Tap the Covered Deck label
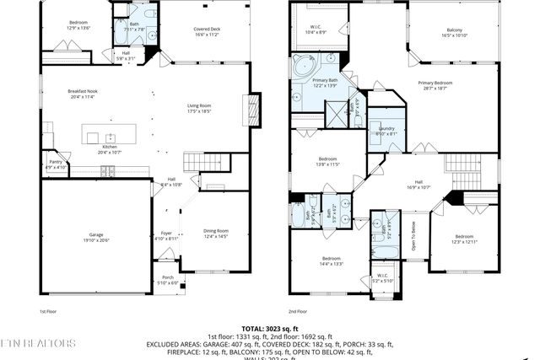point(207,32)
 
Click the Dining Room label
point(217,234)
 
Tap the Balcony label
point(454,35)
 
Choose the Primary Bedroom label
point(437,84)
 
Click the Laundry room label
point(385,131)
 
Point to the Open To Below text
point(413,237)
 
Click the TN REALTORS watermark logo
point(38,343)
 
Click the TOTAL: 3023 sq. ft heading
point(270,328)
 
